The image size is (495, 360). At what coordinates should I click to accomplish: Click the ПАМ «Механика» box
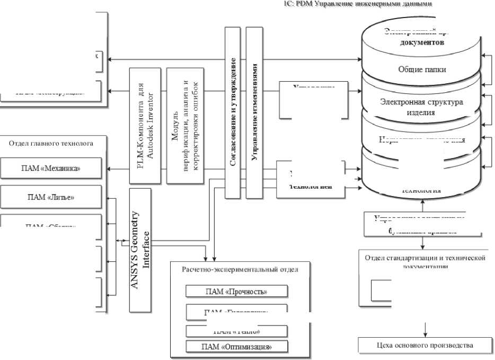coord(51,169)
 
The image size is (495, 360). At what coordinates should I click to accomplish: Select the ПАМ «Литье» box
coord(51,198)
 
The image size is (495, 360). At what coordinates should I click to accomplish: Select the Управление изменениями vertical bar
coord(255,112)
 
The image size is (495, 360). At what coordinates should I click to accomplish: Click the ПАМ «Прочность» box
coord(236,291)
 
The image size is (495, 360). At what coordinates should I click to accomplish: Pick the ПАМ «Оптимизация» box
coord(236,347)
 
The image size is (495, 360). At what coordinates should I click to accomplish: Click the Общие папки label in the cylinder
coord(422,69)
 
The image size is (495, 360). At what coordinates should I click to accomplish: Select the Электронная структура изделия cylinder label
coord(422,107)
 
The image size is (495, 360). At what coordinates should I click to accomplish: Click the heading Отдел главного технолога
coord(51,143)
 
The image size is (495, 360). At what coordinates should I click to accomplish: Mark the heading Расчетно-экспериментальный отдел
coord(240,269)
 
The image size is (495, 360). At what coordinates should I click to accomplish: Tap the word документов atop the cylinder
coord(421,42)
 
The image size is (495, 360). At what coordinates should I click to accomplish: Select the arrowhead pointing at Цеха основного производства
coord(425,335)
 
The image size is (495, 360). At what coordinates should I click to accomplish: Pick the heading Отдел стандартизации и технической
coord(426,257)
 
